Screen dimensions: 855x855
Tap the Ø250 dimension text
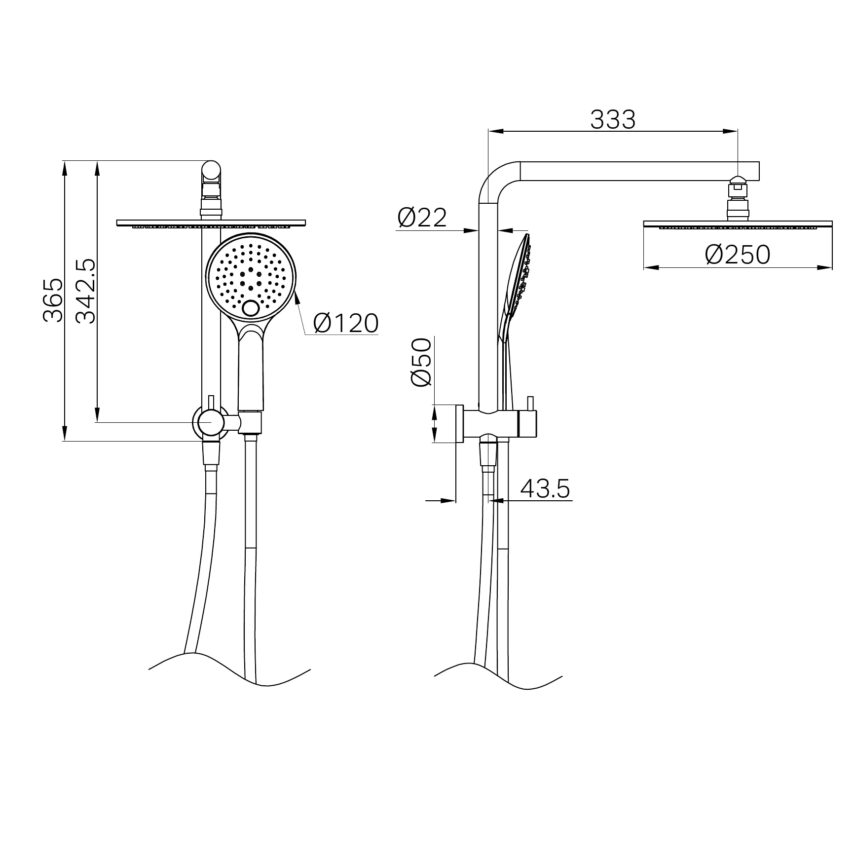click(x=738, y=255)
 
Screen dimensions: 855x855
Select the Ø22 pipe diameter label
click(x=422, y=217)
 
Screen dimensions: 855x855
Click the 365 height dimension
click(x=53, y=300)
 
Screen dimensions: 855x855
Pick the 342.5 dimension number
click(x=86, y=291)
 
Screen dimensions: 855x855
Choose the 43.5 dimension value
click(x=545, y=488)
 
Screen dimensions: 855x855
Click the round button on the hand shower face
click(x=251, y=309)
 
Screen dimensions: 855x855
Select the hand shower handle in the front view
click(x=251, y=370)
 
